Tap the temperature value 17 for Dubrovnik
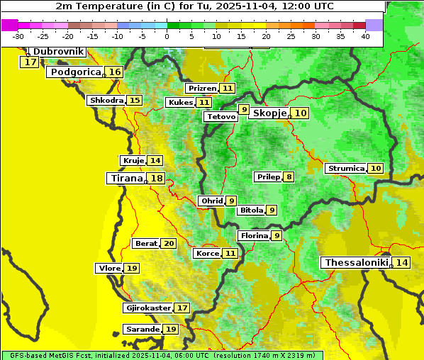[30, 62]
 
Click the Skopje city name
[269, 113]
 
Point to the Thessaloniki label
[357, 263]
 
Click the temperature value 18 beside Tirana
[157, 179]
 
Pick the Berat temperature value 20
[168, 244]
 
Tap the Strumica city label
[346, 169]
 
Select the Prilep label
[268, 176]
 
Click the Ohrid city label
[212, 201]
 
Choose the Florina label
[254, 235]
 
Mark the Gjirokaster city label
[148, 308]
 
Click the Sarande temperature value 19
[170, 330]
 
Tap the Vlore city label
[108, 269]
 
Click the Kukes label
[179, 103]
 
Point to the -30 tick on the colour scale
[18, 36]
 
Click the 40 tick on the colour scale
[365, 36]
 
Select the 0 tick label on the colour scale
[167, 36]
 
